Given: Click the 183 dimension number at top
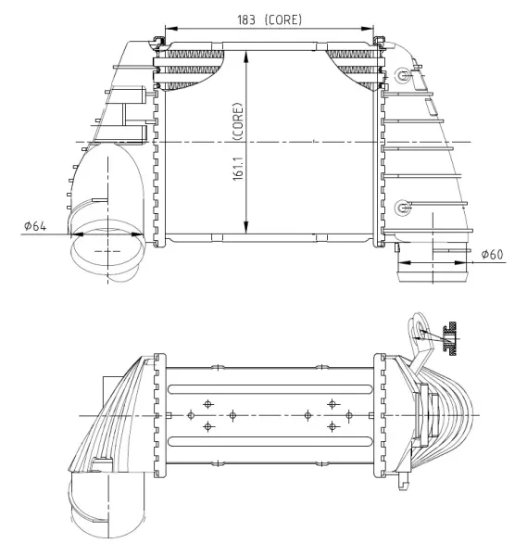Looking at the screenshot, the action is pos(246,19).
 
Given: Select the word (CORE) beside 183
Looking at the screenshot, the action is pos(283,19).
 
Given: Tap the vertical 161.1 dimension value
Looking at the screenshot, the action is pos(238,169).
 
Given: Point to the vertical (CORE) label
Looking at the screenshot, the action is pos(237,121).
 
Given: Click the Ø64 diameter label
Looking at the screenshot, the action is pos(35,226).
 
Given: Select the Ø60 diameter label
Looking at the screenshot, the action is pos(493,254).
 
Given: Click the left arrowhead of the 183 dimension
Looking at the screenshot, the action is pos(170,29).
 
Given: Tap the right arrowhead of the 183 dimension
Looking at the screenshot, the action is pos(368,29).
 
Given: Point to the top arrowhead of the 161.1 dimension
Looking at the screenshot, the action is pos(246,56).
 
